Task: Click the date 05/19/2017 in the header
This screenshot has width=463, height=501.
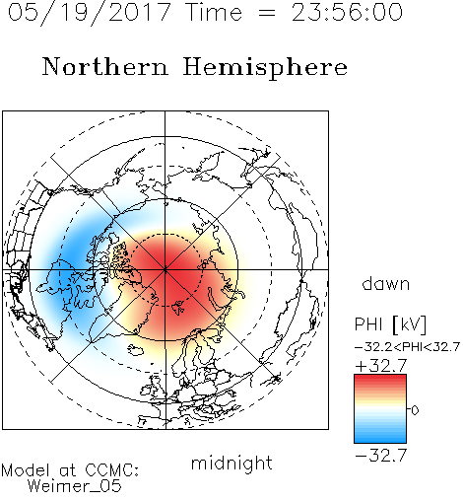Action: [90, 13]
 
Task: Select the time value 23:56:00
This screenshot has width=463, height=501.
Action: [347, 12]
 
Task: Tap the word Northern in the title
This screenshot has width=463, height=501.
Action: [105, 67]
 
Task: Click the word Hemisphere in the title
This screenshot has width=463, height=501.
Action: [265, 68]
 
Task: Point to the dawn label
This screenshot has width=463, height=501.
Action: [386, 283]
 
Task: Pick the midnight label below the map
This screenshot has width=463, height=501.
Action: [231, 463]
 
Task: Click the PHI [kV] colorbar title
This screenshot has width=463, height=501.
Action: [390, 324]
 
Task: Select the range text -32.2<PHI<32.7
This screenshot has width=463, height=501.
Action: [407, 347]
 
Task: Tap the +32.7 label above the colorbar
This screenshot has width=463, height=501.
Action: [381, 366]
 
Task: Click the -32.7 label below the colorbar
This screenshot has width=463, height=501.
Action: [381, 456]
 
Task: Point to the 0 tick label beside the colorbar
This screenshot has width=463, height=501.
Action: [415, 410]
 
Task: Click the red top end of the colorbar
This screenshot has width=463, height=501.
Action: [380, 379]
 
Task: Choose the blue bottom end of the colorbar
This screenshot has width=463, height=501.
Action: [380, 439]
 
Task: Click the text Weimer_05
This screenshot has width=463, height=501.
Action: [75, 486]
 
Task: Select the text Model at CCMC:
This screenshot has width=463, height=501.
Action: [70, 470]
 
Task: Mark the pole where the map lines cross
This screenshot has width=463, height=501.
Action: [165, 269]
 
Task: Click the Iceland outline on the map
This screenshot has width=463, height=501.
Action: [136, 350]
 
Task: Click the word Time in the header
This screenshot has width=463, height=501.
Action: [214, 12]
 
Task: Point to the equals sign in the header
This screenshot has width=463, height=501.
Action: [267, 13]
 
